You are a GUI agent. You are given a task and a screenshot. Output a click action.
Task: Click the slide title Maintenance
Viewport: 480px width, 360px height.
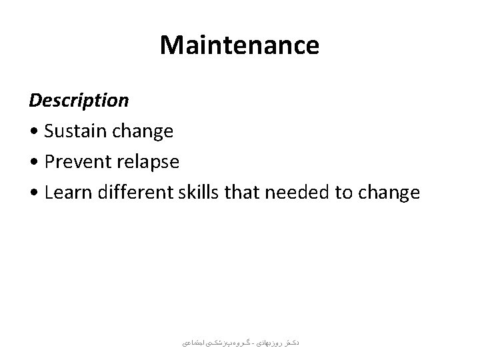pyautogui.click(x=239, y=45)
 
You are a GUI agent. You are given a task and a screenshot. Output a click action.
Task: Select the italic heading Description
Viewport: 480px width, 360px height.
pyautogui.click(x=79, y=101)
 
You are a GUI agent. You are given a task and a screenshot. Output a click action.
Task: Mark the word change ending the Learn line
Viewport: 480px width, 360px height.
pyautogui.click(x=389, y=193)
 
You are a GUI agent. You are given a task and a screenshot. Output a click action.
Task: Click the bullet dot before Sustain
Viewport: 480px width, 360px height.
pyautogui.click(x=33, y=132)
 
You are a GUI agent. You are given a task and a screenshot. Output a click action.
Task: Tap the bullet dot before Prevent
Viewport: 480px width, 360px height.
pyautogui.click(x=33, y=163)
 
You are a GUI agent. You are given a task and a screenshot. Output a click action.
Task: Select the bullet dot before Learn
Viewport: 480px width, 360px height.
pyautogui.click(x=33, y=193)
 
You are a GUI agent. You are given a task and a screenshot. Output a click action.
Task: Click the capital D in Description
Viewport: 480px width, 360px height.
pyautogui.click(x=35, y=101)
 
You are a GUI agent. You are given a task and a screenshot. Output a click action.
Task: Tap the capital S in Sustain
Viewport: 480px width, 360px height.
pyautogui.click(x=49, y=131)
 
